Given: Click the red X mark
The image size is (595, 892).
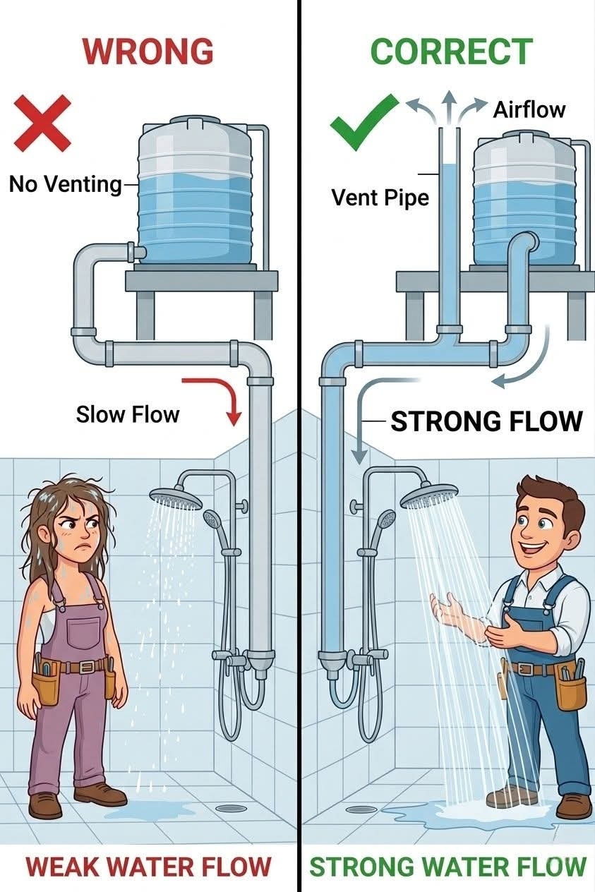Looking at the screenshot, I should point(42,123).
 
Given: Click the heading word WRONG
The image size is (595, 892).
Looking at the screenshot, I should point(148,52).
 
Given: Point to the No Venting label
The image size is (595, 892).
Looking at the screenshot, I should point(66,184).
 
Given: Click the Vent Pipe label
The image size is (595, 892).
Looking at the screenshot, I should point(380,197).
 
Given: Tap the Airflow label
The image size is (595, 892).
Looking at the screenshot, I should point(529,110).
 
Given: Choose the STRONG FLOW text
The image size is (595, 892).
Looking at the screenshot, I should point(486,421).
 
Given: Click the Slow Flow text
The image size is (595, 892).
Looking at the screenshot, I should point(128,414).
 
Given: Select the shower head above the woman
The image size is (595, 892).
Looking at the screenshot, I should point(175,500).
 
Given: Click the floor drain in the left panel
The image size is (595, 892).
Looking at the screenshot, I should point(231,808).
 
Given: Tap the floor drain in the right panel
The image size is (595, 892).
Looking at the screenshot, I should point(361,809).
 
